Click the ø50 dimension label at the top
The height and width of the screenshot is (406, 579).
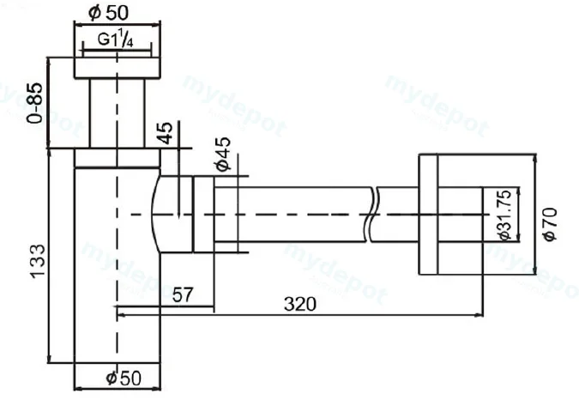point(109,12)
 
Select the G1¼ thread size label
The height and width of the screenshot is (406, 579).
point(115,39)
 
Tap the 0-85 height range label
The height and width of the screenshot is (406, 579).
point(35,103)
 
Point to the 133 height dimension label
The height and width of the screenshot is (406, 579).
point(37,261)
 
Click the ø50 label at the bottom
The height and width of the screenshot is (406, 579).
point(124,378)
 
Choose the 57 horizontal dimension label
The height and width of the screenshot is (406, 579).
point(183,294)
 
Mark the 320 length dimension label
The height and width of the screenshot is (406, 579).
point(300,304)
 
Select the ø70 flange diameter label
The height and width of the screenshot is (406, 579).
point(550,224)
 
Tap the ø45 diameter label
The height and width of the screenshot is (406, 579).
point(223,154)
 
